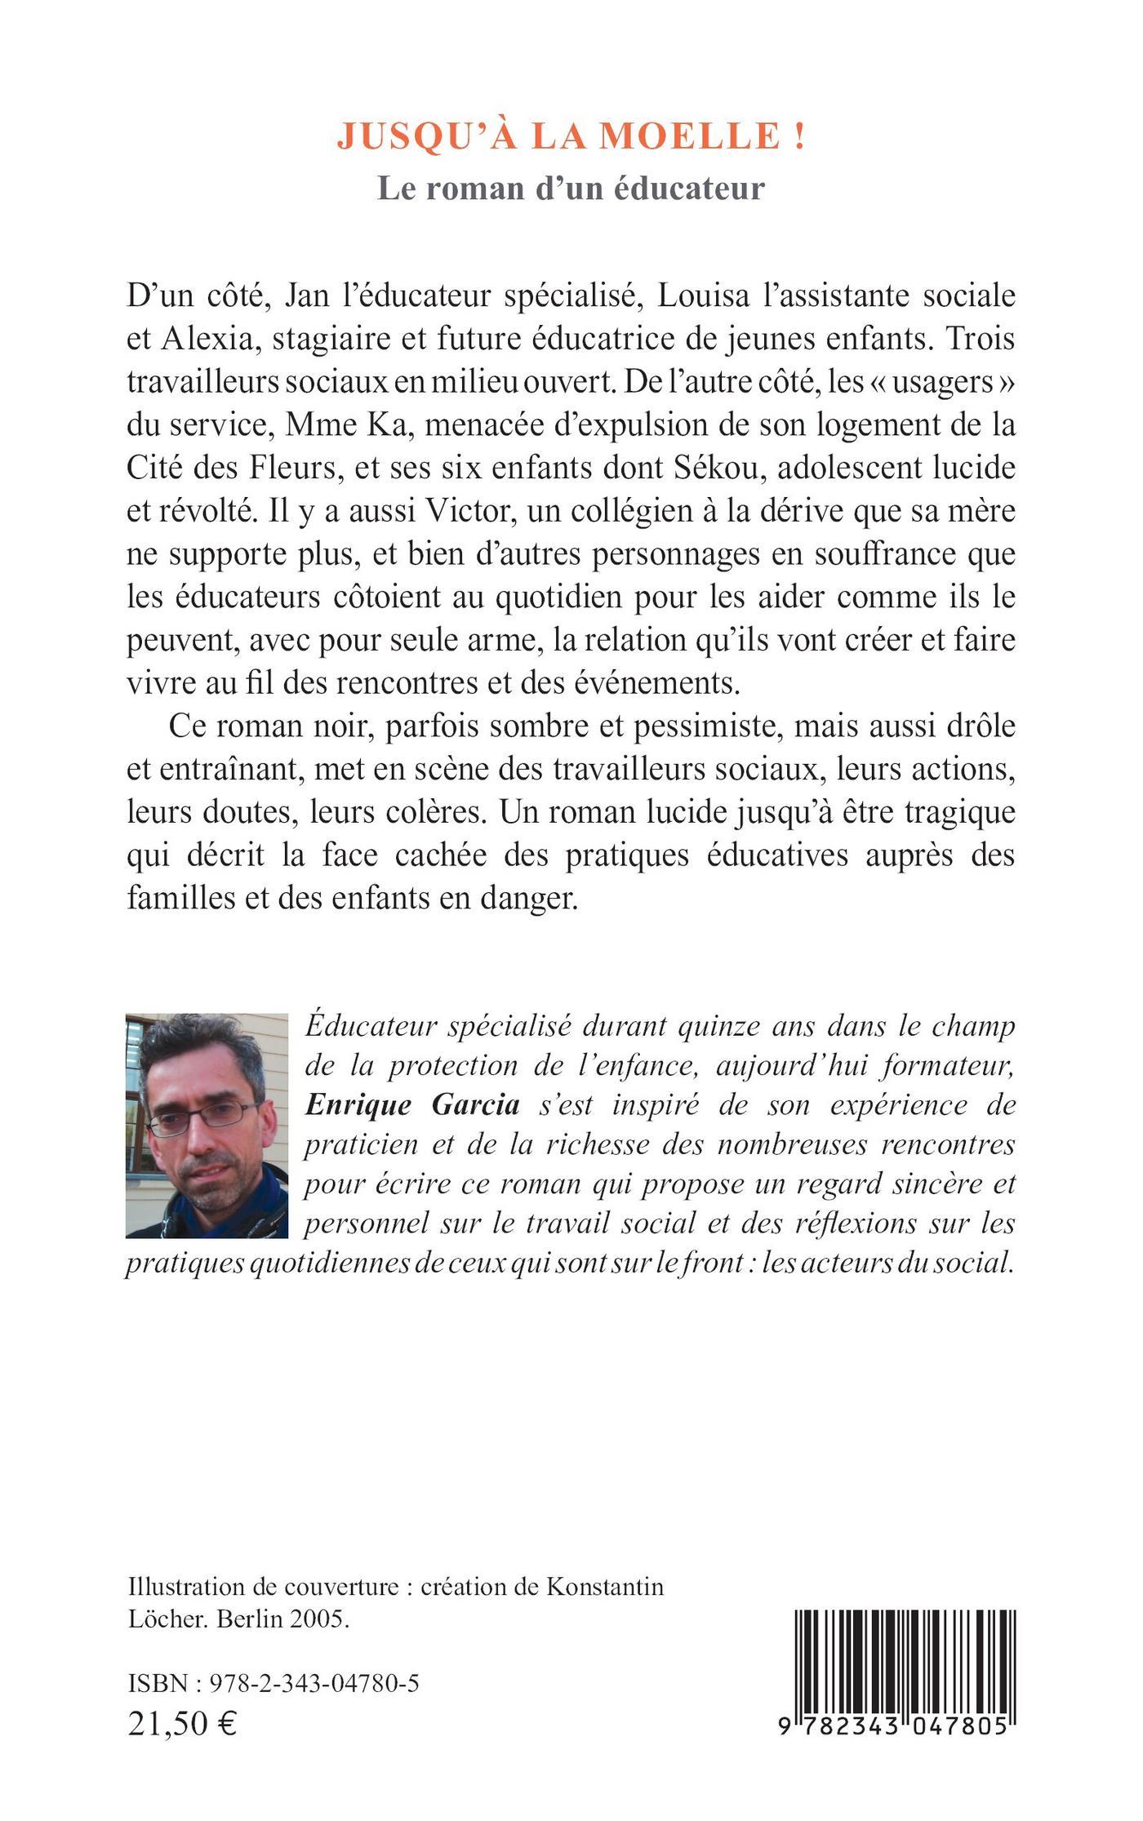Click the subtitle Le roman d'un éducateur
pyautogui.click(x=571, y=188)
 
